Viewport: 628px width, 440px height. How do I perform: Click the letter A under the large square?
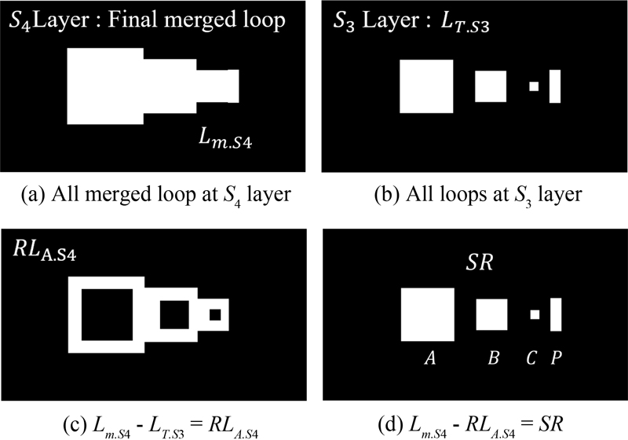(429, 358)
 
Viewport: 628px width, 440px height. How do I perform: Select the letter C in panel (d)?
(532, 358)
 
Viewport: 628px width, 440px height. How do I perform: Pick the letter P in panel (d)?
(556, 358)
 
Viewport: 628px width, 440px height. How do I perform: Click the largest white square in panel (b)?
(427, 86)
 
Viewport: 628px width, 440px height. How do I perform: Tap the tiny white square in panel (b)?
(535, 86)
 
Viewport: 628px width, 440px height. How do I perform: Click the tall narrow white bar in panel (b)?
(555, 86)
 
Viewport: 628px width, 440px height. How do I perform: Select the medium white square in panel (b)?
(491, 86)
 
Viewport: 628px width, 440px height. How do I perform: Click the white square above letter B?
(492, 314)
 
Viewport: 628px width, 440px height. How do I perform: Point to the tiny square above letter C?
(535, 314)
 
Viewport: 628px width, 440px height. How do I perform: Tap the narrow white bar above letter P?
(556, 314)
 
